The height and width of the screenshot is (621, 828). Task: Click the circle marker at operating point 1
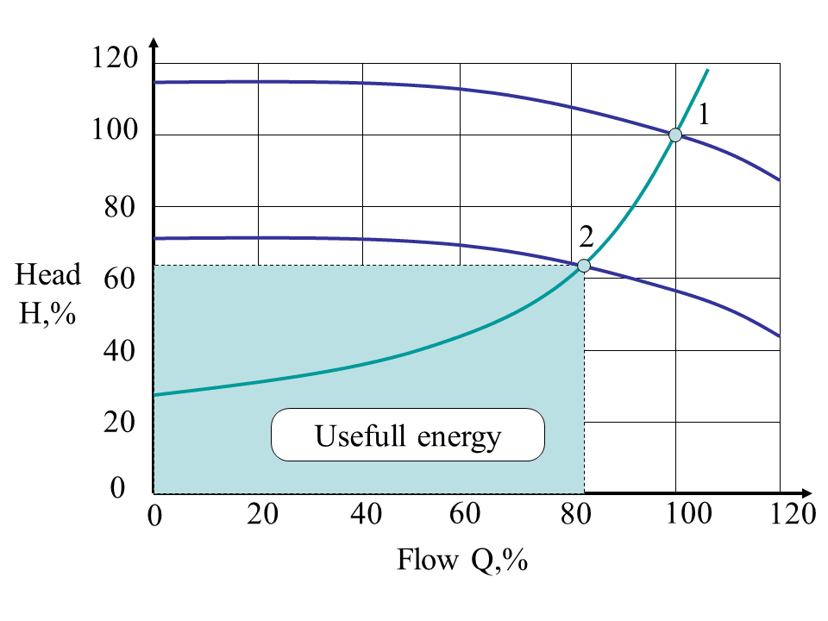[675, 135]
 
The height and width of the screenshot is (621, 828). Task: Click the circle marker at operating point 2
[584, 266]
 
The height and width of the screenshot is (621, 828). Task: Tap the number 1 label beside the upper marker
[704, 114]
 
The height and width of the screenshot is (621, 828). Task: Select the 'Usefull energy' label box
[408, 436]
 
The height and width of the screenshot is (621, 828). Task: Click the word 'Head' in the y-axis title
[48, 275]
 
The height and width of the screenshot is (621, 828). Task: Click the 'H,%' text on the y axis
[48, 312]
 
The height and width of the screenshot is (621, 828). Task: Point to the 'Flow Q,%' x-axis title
[461, 561]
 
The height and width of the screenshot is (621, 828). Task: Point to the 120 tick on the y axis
[114, 60]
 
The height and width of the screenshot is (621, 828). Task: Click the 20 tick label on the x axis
[261, 514]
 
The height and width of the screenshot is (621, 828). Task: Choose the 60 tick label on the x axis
[466, 514]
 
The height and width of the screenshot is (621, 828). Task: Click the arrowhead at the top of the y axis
[154, 43]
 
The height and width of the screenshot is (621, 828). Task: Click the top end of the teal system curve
[708, 70]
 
